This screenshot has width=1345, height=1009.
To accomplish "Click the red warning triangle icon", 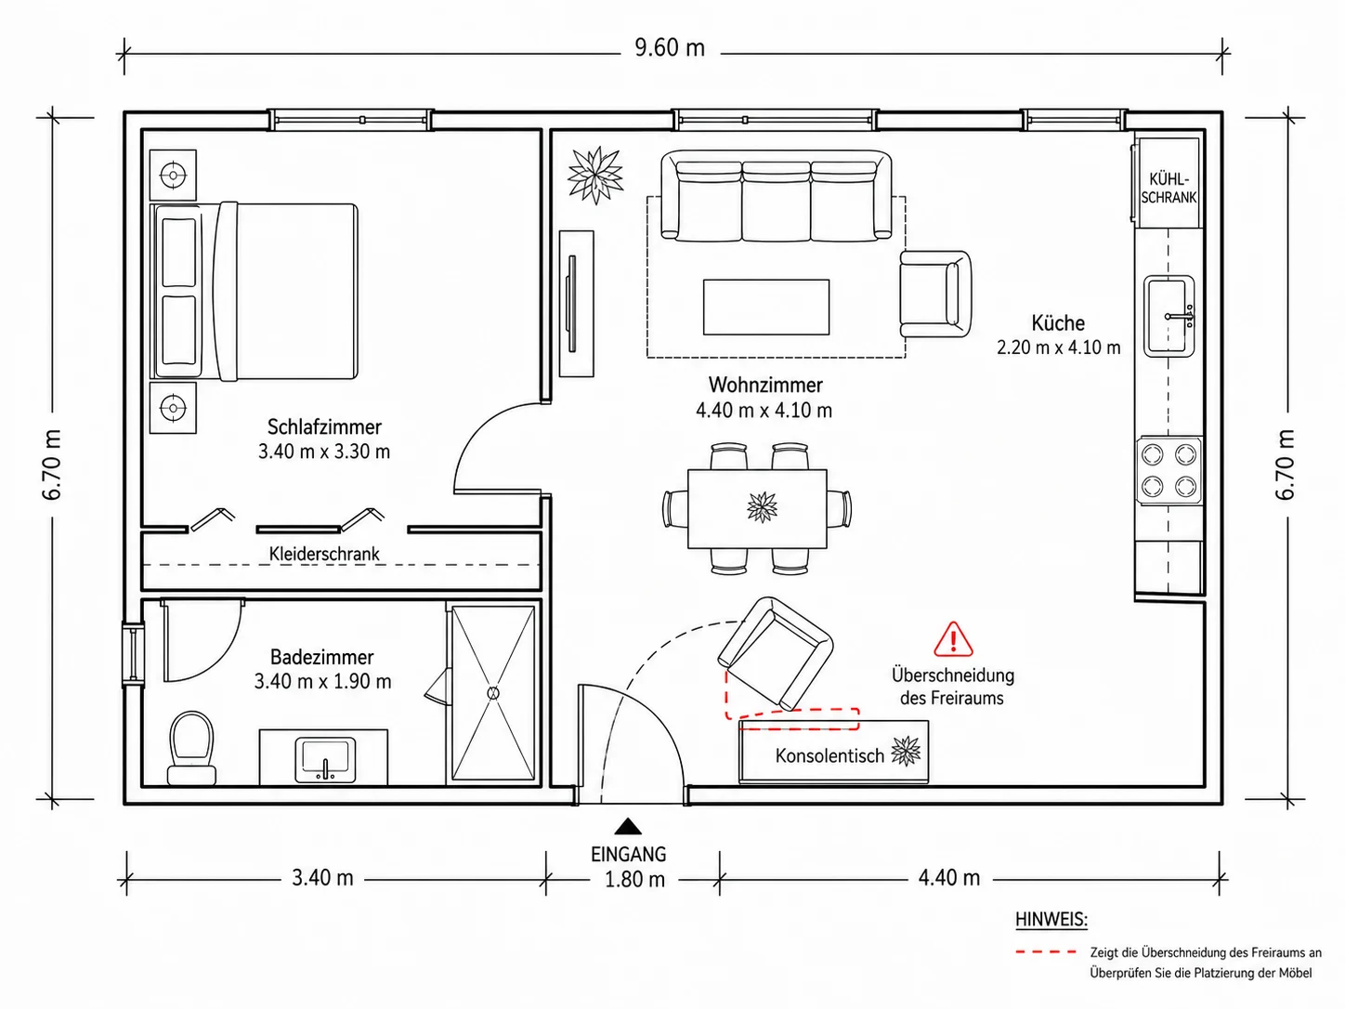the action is point(953,639).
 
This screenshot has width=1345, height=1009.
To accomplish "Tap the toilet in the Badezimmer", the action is point(191,748).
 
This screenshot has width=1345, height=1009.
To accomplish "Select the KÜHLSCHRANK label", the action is point(1169,188).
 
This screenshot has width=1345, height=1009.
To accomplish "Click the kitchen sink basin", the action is point(1169,316).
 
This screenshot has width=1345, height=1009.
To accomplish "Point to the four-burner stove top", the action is point(1169,470).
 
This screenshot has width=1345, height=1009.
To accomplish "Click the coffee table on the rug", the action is point(766,307).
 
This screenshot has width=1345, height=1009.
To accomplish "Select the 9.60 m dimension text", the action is point(670,47).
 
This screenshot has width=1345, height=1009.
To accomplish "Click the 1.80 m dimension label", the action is point(634,879).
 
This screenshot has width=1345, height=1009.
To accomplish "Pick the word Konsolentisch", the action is point(829,755).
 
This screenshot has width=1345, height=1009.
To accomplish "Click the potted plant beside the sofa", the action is point(595,175).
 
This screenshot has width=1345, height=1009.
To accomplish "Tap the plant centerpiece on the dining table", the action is point(763,507).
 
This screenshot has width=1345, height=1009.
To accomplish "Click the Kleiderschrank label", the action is point(324,554).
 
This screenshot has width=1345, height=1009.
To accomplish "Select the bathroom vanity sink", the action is point(325,760).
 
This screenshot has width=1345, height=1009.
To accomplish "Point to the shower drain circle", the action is point(493,693).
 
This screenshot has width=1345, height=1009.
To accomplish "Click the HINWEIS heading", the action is point(1051,920).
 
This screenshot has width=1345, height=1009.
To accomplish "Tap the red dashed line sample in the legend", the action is point(1046,952).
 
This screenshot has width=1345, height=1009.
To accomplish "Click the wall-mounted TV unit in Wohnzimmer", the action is point(576,303).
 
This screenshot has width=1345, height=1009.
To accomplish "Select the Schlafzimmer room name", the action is point(324,426).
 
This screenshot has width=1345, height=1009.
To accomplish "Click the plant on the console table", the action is point(906,751).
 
